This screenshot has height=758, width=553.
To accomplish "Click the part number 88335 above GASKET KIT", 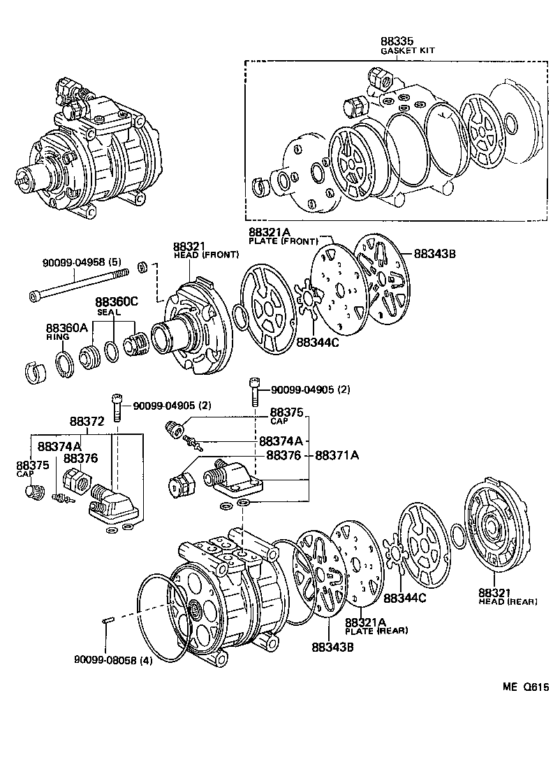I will (396, 41).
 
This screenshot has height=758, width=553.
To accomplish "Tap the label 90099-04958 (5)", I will (83, 263).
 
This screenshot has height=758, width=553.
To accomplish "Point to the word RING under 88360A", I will (58, 336).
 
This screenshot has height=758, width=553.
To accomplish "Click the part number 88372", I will (87, 422).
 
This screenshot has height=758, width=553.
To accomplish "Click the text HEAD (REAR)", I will (508, 601).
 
